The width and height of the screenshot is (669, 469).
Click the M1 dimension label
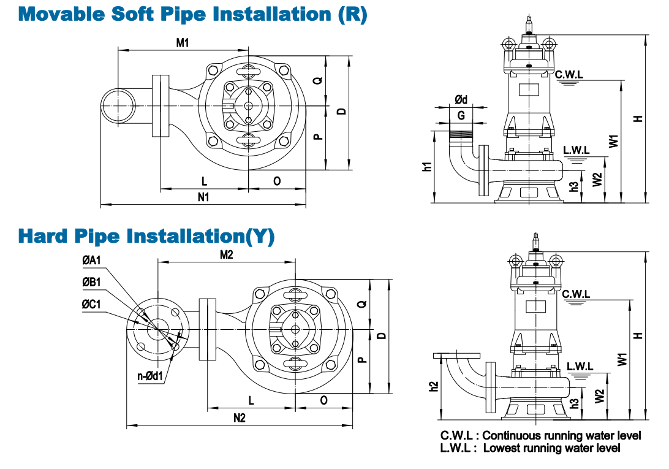pyautogui.click(x=183, y=42)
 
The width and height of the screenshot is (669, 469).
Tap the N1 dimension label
pyautogui.click(x=203, y=197)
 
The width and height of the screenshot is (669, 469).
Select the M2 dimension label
pyautogui.click(x=227, y=254)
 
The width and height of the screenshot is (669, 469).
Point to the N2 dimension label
pyautogui.click(x=240, y=418)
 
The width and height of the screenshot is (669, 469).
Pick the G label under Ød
pyautogui.click(x=461, y=115)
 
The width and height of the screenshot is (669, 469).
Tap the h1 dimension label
pyautogui.click(x=428, y=166)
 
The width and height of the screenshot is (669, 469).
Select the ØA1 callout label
pyautogui.click(x=91, y=261)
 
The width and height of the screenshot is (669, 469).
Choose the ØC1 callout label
pyautogui.click(x=91, y=304)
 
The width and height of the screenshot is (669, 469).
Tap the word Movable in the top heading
pyautogui.click(x=61, y=14)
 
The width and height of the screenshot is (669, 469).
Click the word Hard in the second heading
pyautogui.click(x=43, y=235)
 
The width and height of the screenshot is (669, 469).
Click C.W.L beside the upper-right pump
pyautogui.click(x=569, y=74)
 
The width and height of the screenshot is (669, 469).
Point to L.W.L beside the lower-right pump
pyautogui.click(x=580, y=366)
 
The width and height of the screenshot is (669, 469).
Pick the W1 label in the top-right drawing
pyautogui.click(x=613, y=140)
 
